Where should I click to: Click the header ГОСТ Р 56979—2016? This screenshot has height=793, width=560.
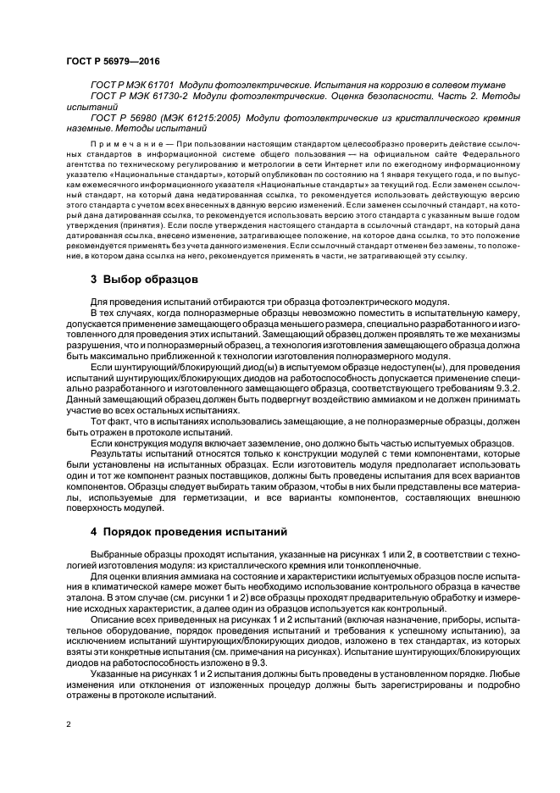coord(112,61)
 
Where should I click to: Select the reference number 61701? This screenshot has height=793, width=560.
coord(158,86)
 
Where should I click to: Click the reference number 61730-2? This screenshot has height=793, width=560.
coord(161,97)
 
